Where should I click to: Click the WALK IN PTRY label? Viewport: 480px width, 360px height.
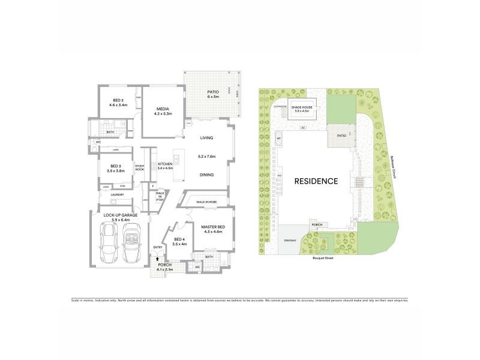[x=160, y=195]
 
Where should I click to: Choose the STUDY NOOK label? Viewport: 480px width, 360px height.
[x=140, y=168]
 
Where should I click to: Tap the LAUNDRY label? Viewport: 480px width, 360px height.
[x=117, y=194]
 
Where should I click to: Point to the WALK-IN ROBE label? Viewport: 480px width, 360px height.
[x=206, y=203]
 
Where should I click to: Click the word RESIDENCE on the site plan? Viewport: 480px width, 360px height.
[x=316, y=181]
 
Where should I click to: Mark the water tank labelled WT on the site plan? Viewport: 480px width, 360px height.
[x=278, y=139]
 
